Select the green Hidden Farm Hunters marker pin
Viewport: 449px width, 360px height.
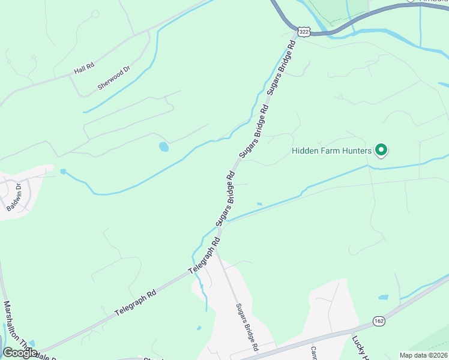[380, 150]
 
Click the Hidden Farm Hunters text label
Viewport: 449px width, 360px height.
[332, 151]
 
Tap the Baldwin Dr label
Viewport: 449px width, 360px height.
[13, 197]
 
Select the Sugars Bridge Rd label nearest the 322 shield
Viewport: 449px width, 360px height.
[282, 67]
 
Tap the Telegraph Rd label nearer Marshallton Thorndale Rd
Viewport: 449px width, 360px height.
[135, 303]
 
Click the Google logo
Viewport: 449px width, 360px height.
[20, 352]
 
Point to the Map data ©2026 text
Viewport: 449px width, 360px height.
[423, 355]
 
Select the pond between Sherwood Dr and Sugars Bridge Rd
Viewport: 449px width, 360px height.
[163, 146]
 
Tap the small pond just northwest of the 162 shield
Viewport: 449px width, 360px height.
[383, 297]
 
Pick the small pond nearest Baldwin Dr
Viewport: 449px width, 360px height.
[63, 172]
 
